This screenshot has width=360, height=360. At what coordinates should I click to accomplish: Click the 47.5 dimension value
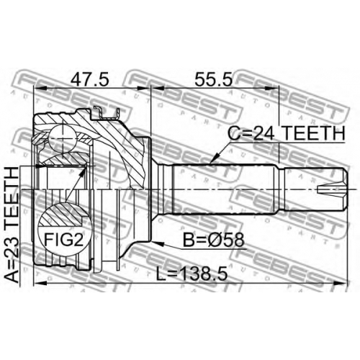(x=89, y=80)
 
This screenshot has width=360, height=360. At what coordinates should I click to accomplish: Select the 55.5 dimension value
(x=214, y=80)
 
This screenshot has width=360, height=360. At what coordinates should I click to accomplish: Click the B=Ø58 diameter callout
(x=213, y=240)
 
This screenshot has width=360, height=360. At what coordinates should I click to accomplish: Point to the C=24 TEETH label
(x=286, y=134)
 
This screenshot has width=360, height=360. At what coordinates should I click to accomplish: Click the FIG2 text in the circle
(x=64, y=240)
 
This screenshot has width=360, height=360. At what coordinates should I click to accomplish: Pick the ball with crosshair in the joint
(x=62, y=140)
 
